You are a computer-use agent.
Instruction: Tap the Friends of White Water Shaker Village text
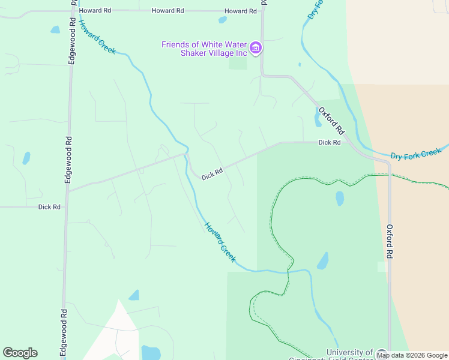click(x=204, y=49)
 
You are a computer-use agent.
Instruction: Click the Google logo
click(x=20, y=352)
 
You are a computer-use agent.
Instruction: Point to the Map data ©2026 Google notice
click(x=412, y=355)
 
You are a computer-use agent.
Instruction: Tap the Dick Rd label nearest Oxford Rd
click(x=330, y=143)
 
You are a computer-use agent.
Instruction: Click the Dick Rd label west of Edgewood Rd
click(x=49, y=207)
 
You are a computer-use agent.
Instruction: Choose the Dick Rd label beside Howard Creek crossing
click(x=212, y=174)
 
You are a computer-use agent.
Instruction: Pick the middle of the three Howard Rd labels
click(x=167, y=11)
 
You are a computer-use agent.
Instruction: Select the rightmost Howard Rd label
click(x=240, y=11)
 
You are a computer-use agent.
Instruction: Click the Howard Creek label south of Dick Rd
click(x=220, y=241)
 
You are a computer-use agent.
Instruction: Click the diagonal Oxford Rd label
click(x=332, y=121)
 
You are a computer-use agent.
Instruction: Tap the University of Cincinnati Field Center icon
click(x=381, y=353)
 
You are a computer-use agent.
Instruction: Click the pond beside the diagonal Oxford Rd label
click(x=318, y=118)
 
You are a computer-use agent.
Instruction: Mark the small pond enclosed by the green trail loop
click(x=340, y=198)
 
